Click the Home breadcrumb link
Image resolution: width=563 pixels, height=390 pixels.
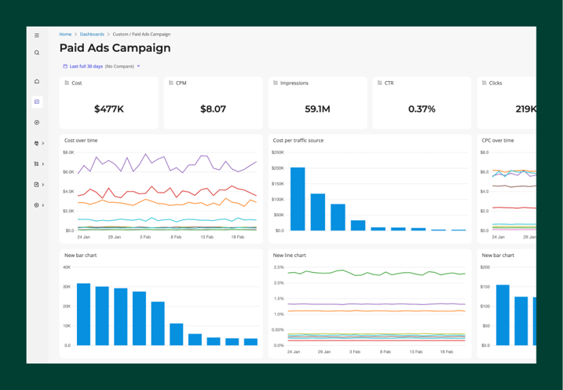click(x=65, y=35)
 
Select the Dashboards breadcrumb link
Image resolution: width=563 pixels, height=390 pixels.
click(x=92, y=35)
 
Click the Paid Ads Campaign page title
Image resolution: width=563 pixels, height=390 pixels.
click(x=115, y=48)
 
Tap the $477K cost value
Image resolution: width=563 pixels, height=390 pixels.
click(x=108, y=109)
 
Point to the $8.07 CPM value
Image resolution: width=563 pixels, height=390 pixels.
click(x=213, y=109)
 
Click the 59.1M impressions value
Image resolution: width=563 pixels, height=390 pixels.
click(x=317, y=109)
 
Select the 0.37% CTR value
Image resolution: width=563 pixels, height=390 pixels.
click(x=422, y=109)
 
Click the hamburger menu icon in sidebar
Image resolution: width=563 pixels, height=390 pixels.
click(x=37, y=35)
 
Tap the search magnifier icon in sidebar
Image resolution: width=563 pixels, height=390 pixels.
click(x=37, y=53)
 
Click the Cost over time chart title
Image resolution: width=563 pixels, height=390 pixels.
click(x=81, y=141)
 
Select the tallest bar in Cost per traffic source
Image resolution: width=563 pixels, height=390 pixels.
click(x=298, y=199)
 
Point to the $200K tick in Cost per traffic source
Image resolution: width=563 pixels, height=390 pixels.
click(x=278, y=167)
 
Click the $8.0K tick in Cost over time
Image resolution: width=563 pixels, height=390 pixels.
click(x=68, y=153)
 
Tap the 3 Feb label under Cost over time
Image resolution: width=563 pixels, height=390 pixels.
click(x=145, y=237)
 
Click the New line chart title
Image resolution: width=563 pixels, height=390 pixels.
click(x=289, y=256)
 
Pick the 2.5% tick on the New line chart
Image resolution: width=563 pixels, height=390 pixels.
click(x=279, y=267)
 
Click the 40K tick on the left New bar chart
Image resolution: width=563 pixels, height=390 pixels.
click(x=67, y=267)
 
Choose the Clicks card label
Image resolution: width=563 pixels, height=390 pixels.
click(x=495, y=83)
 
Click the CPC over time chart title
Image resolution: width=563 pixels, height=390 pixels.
click(x=498, y=141)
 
